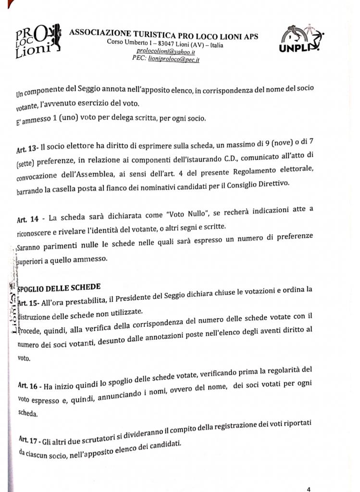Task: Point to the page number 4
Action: tap(308, 489)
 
